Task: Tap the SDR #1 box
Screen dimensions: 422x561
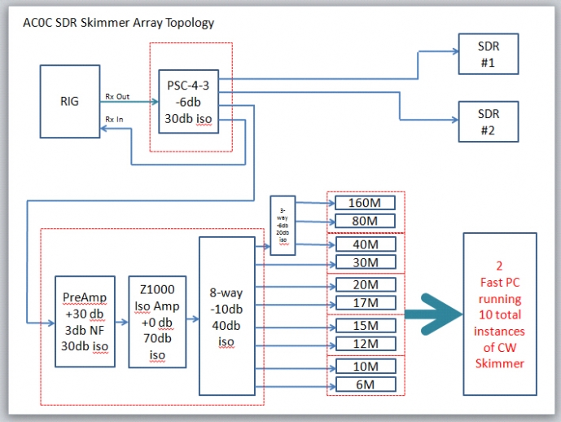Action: [x=488, y=53]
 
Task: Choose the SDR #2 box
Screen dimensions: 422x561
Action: [x=488, y=120]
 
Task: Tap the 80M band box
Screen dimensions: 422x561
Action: [x=365, y=221]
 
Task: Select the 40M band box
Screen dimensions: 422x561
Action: [x=365, y=244]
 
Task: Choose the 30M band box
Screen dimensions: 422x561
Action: [x=365, y=262]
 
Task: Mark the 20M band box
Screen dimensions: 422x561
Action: [x=365, y=285]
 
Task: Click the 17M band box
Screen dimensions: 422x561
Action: [x=365, y=303]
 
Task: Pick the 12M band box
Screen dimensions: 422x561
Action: [x=365, y=344]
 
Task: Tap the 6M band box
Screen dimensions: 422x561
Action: [x=365, y=385]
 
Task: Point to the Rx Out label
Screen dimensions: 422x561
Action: [x=118, y=97]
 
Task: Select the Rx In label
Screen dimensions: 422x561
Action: [x=115, y=120]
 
